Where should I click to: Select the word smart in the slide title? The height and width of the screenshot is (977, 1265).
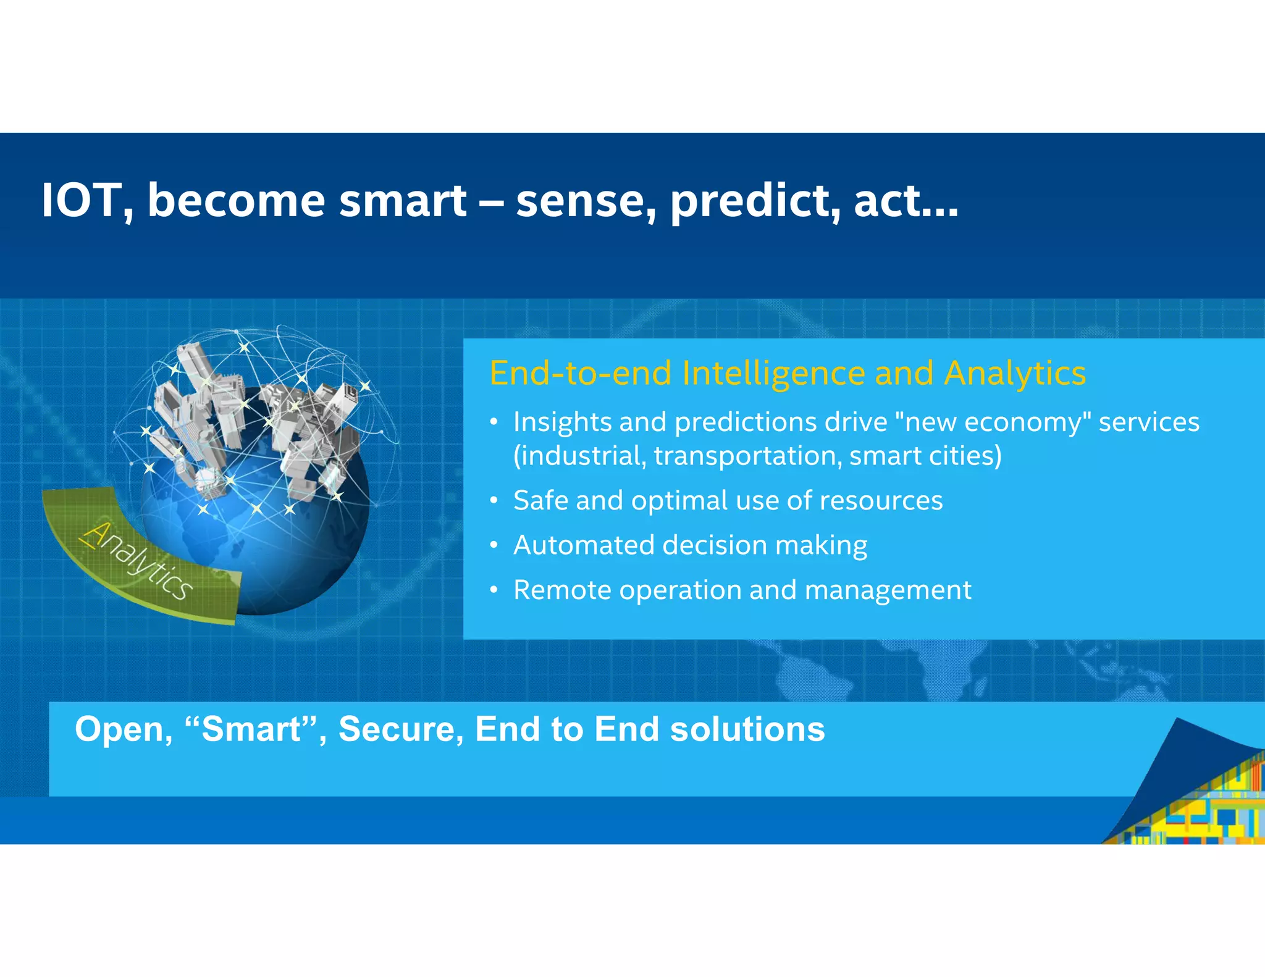point(403,201)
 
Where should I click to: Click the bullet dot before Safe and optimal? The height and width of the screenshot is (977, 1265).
point(494,501)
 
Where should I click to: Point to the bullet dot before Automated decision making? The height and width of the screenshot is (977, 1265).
point(494,545)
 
